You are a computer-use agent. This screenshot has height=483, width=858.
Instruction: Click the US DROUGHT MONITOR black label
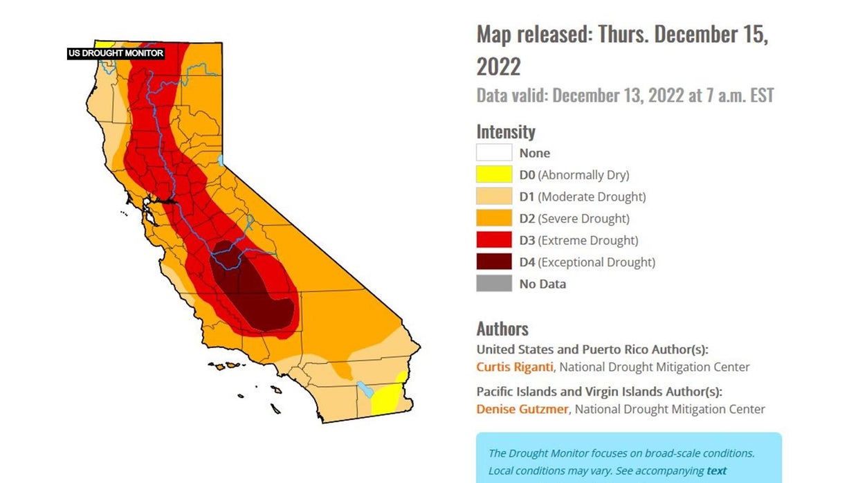[116, 53]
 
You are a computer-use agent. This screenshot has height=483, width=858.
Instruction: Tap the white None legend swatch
[494, 153]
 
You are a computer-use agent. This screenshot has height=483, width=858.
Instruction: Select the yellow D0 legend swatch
[494, 175]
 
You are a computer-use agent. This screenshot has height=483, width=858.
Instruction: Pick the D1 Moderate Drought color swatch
[494, 197]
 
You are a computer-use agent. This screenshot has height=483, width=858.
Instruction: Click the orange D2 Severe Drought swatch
[494, 219]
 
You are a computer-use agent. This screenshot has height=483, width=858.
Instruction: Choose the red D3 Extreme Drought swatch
[494, 240]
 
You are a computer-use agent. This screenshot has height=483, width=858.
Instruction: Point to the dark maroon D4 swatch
[494, 262]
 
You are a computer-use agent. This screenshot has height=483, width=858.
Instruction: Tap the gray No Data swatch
[494, 284]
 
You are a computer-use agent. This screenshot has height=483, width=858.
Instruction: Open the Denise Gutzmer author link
[522, 409]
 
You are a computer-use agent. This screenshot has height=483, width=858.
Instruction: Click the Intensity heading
[506, 131]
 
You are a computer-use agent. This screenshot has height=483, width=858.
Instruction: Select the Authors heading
[502, 329]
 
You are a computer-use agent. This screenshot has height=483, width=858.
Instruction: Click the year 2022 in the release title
[498, 67]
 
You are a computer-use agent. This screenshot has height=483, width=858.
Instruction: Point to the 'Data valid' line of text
[625, 95]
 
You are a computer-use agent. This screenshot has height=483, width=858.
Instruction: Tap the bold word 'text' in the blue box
[716, 471]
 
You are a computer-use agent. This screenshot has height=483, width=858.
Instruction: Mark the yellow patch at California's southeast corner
[385, 398]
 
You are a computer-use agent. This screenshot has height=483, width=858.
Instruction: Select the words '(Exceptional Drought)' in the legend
[596, 262]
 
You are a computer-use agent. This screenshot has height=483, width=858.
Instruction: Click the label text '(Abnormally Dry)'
[583, 175]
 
